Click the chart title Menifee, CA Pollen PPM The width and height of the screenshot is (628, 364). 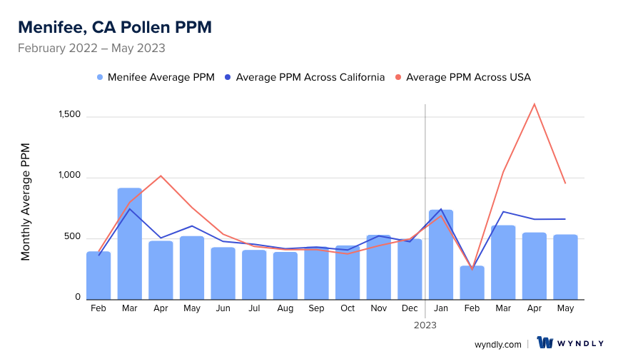[114, 27]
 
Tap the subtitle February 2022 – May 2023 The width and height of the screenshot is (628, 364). [91, 49]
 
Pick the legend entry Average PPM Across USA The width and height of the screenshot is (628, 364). [468, 77]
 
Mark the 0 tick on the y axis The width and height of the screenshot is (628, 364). [78, 297]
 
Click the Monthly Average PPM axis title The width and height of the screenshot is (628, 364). [26, 201]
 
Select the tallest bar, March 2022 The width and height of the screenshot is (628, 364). [130, 243]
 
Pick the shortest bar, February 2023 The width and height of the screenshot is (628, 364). [472, 283]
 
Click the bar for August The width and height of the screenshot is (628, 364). [285, 275]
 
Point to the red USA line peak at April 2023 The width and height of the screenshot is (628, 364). [534, 104]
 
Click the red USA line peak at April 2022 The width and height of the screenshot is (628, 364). [161, 176]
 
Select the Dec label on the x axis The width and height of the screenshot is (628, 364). [410, 308]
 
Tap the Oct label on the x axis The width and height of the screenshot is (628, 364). [348, 308]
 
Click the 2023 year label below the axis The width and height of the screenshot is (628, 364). [425, 325]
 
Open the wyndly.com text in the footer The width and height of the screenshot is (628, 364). [497, 344]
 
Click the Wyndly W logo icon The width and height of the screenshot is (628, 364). [545, 343]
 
